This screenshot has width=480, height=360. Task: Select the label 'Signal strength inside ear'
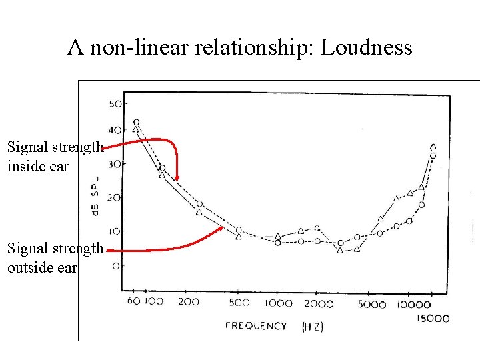pyautogui.click(x=55, y=157)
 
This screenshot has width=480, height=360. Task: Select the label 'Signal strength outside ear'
pyautogui.click(x=55, y=258)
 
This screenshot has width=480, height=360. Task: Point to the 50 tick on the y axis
pyautogui.click(x=114, y=104)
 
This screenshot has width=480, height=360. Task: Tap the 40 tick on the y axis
pyautogui.click(x=114, y=130)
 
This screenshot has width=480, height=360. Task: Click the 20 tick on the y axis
pyautogui.click(x=114, y=198)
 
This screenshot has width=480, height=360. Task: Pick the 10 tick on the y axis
pyautogui.click(x=114, y=231)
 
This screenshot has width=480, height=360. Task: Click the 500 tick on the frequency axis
pyautogui.click(x=239, y=303)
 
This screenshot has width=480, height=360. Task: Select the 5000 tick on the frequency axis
pyautogui.click(x=372, y=305)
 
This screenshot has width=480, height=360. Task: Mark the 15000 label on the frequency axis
pyautogui.click(x=433, y=318)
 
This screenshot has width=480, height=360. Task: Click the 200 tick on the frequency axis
pyautogui.click(x=189, y=302)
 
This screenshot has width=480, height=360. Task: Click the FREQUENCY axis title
pyautogui.click(x=256, y=326)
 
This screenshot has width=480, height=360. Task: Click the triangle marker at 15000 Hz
pyautogui.click(x=433, y=146)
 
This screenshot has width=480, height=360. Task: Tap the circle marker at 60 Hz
pyautogui.click(x=136, y=122)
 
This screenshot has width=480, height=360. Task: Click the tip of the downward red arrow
pyautogui.click(x=177, y=179)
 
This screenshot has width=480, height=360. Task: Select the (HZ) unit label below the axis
pyautogui.click(x=313, y=327)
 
